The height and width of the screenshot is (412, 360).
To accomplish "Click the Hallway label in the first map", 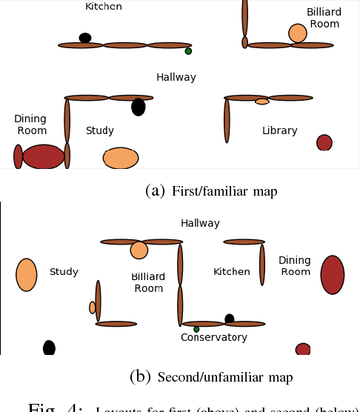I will pos(176,77).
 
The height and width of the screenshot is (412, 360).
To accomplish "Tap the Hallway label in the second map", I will pos(200,223).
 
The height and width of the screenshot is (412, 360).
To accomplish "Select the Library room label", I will pos(279,131).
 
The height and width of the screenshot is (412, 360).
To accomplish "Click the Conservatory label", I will pos(214,338).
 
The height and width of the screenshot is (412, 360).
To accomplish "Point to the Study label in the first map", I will pos(99,131).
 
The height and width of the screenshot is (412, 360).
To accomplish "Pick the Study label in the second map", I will pos(64,272).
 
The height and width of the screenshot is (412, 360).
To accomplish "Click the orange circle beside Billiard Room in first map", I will pos(297,33).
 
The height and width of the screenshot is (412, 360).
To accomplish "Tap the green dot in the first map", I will pos(188,51).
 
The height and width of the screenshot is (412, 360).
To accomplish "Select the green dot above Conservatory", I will pos(196,329).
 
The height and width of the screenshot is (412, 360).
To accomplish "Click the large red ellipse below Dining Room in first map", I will pos(44,157).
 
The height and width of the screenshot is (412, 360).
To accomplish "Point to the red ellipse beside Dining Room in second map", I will pos(333,275).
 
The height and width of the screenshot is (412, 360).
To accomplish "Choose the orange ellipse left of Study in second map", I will pos(27,275).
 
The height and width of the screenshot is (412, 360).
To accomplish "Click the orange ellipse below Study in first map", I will pos(121,158).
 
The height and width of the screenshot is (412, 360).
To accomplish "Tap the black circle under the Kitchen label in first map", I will pos(85,38).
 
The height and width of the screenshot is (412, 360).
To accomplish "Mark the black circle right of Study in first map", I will pos(139,107).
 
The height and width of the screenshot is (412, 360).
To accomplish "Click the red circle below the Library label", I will pos(324,142).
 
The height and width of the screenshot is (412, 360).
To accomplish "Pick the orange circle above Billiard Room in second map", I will pos(139,250).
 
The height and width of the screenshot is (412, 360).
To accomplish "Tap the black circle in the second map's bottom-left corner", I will pos(49,348).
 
